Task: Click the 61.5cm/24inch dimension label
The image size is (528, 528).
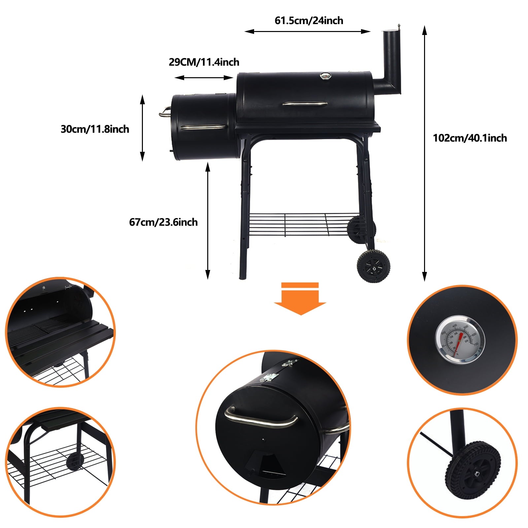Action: (x=309, y=20)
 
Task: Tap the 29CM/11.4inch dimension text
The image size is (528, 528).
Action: (x=204, y=62)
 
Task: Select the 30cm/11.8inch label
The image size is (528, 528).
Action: (x=95, y=129)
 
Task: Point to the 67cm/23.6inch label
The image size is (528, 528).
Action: (x=163, y=222)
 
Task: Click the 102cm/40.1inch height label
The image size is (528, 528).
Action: (x=470, y=138)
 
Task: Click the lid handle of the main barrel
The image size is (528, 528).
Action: (x=305, y=104)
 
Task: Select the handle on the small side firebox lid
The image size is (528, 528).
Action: (x=202, y=127)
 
